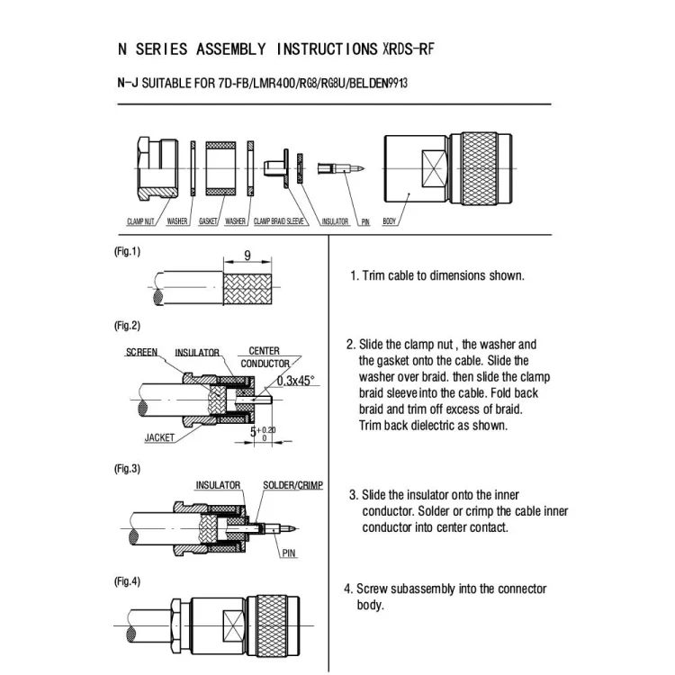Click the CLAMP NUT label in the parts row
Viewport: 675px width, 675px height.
(x=142, y=221)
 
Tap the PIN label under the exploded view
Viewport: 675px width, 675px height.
(x=365, y=221)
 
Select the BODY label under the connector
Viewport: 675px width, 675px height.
(x=391, y=221)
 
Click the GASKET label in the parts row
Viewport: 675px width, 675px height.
(x=208, y=221)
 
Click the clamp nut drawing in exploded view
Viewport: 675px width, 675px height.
(x=155, y=167)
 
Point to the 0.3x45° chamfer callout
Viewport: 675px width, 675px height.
(x=295, y=381)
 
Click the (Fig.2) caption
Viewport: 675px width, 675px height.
(x=127, y=325)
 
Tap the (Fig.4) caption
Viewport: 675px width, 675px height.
(x=127, y=581)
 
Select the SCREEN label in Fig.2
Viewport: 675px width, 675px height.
(x=141, y=352)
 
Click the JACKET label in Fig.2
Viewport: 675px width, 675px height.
(x=159, y=438)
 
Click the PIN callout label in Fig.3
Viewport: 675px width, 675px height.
(x=289, y=553)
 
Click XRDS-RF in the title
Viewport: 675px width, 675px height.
(x=409, y=49)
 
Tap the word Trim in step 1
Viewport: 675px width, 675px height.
(x=374, y=275)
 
